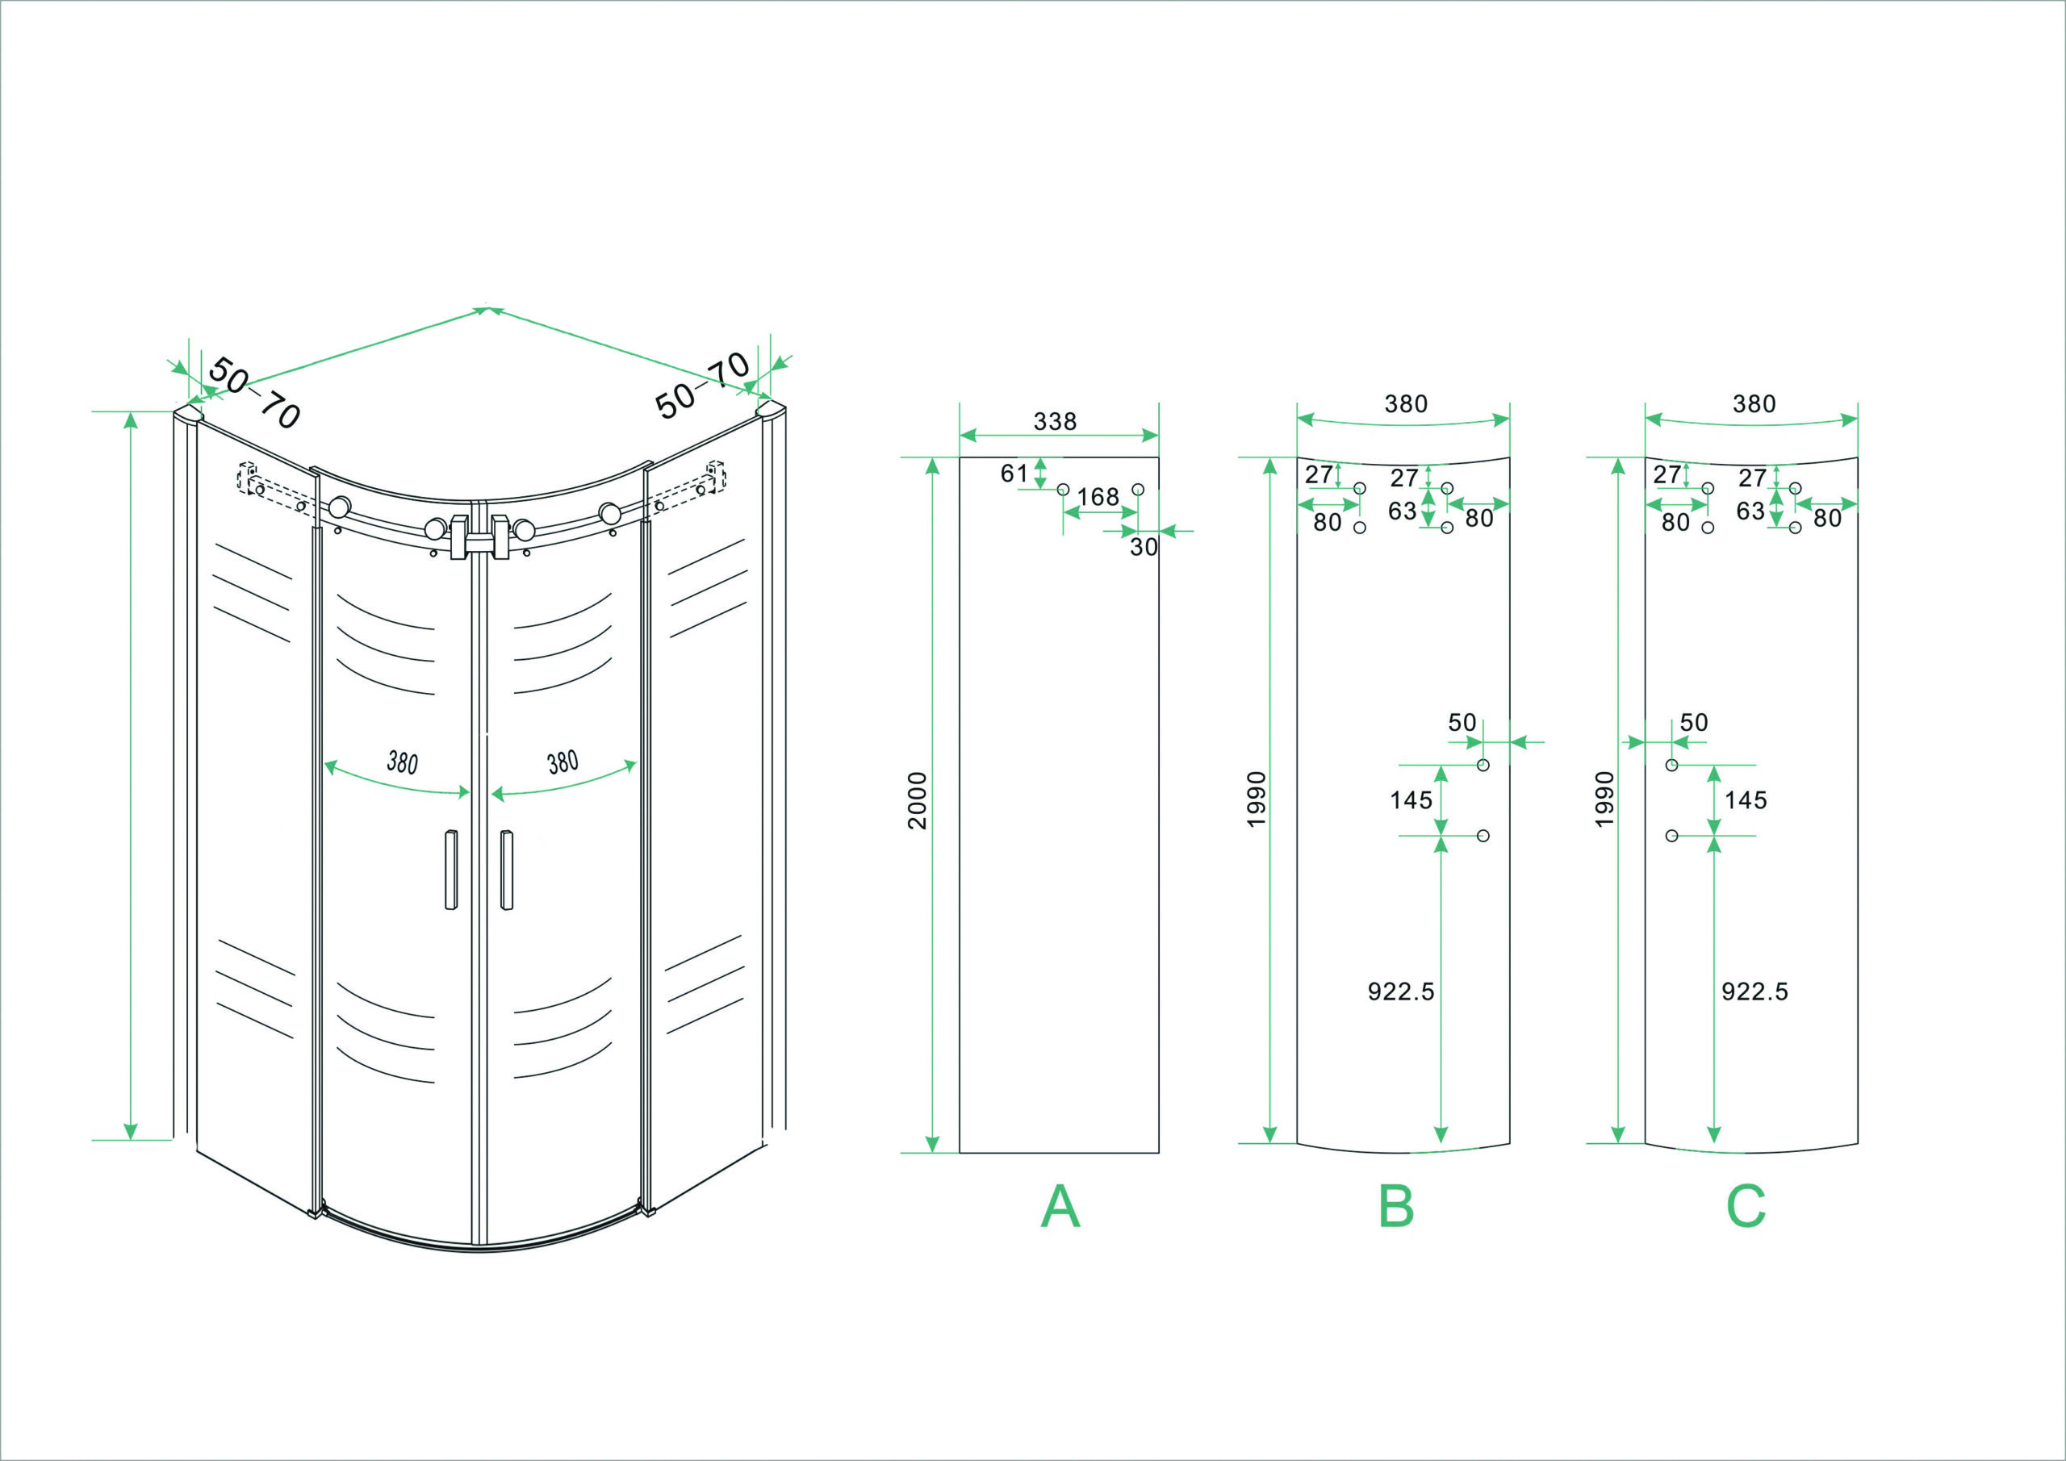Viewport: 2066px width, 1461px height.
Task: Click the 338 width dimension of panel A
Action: coord(1055,421)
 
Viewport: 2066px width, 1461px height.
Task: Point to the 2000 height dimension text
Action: coord(917,799)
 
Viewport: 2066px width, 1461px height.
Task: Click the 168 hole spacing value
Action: coord(1098,497)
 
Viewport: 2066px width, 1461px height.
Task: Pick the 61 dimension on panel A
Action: coord(1014,474)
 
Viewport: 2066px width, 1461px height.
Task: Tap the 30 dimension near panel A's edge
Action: coord(1144,547)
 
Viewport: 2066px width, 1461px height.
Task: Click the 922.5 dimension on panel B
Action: coord(1401,991)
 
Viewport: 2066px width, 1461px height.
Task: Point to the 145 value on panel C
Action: coord(1746,799)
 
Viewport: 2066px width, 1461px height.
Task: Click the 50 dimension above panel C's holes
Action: coord(1693,722)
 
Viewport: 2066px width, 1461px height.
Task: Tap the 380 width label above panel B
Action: coord(1406,404)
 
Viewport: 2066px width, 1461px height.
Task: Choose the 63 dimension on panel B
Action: coord(1402,511)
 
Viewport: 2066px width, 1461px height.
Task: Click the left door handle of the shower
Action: coord(451,869)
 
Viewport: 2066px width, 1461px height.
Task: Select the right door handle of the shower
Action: coord(507,869)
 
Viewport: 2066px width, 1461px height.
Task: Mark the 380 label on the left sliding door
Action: coord(402,763)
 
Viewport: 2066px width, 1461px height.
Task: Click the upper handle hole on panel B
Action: coord(1483,765)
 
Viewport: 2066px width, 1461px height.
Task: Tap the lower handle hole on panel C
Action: coord(1672,836)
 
